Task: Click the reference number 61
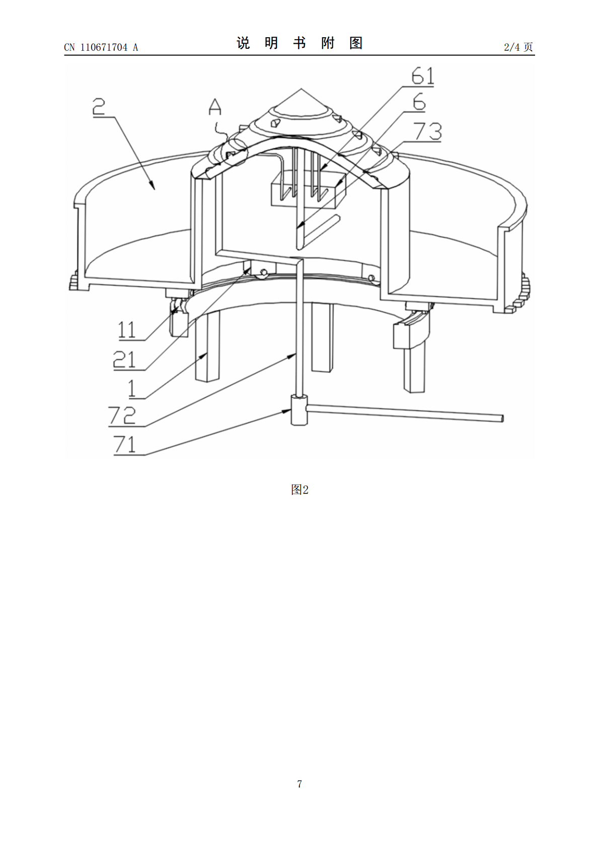423,75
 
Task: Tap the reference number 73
427,131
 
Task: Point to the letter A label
215,107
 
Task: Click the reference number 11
127,330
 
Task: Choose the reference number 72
122,415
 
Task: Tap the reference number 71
124,444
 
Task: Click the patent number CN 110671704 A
101,47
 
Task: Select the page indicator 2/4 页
518,47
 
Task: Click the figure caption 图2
299,490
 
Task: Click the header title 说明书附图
299,43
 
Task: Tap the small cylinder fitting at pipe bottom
299,410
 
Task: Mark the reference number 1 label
132,388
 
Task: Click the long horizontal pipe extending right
405,413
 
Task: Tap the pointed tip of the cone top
301,89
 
